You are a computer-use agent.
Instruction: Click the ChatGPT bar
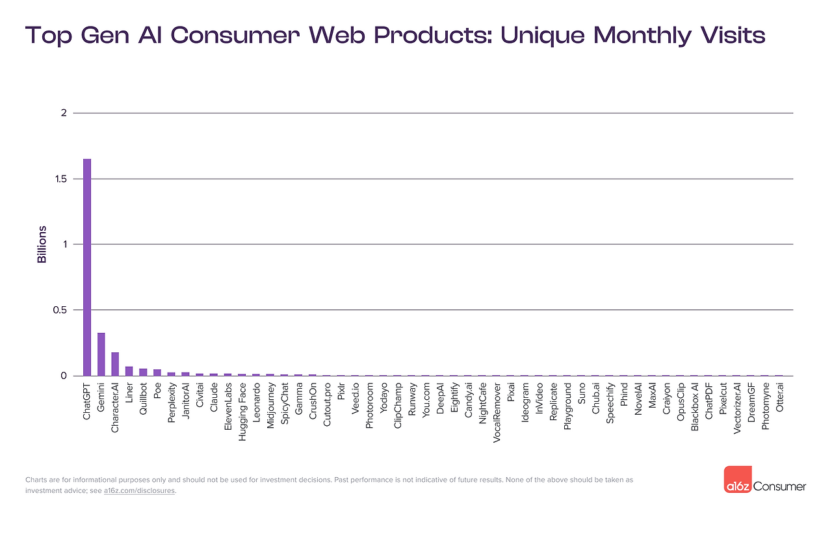click(86, 267)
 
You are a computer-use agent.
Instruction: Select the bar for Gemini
click(101, 354)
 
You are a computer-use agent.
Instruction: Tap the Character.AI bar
click(115, 364)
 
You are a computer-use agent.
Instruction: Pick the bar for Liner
click(129, 371)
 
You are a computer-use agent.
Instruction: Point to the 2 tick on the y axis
click(64, 113)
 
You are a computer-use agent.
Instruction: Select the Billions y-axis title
click(42, 244)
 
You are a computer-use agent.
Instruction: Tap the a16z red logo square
click(738, 479)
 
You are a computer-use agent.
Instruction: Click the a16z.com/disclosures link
click(139, 491)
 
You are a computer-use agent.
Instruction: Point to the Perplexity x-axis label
click(172, 403)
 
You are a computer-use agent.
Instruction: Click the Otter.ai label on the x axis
click(779, 399)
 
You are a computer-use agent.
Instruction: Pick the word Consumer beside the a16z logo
click(780, 486)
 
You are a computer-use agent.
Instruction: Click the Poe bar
click(157, 373)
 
